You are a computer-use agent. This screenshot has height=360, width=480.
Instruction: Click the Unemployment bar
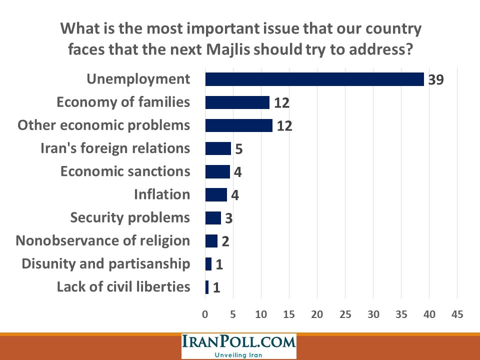pos(314,79)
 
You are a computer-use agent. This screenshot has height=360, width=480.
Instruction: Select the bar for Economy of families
pos(237,102)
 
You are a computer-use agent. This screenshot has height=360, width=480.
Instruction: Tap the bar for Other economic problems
pos(238,125)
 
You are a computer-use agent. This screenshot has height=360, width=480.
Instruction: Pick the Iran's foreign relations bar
pos(218,148)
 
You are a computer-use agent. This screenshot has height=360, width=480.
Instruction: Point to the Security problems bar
pos(213,218)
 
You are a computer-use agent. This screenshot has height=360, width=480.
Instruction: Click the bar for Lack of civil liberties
pos(207,287)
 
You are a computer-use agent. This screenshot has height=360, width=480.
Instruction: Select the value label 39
pos(436,80)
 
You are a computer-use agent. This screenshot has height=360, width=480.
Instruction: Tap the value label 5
pos(239,149)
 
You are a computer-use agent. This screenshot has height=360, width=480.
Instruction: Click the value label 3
pos(229,219)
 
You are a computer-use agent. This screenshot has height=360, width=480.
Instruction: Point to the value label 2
pos(225,242)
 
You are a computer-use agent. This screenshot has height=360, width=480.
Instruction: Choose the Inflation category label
pos(162,194)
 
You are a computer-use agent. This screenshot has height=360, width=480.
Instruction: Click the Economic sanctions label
pos(125,171)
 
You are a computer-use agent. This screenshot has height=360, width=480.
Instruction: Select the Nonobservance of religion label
pos(103,240)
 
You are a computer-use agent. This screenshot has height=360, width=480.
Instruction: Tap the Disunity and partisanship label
pos(106,263)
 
